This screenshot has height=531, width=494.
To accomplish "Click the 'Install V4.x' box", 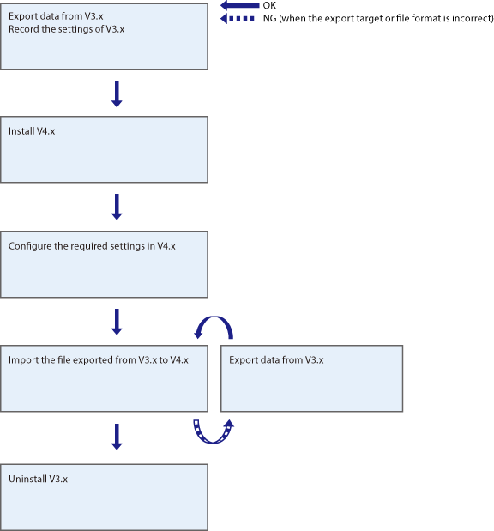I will (104, 149).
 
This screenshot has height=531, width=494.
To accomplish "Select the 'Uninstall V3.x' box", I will (104, 498).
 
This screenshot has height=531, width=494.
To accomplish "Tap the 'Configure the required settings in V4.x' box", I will (104, 264).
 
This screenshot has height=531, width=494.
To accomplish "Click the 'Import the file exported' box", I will (104, 377).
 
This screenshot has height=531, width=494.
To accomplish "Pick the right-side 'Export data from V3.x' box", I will (311, 377).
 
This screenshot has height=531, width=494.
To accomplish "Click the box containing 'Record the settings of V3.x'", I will (104, 36).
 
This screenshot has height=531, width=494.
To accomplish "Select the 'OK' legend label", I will (269, 6).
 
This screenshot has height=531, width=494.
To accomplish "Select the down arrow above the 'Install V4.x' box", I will (117, 94).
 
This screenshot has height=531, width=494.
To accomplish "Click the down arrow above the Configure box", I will (117, 206).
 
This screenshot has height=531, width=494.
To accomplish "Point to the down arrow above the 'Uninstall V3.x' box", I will (117, 436).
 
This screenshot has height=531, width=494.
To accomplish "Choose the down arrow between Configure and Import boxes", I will (117, 321).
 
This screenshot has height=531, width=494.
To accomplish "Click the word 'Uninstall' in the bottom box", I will (27, 478).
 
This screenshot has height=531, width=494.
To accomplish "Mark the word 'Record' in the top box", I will (24, 29).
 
